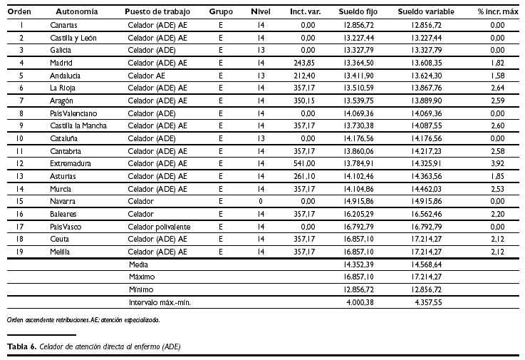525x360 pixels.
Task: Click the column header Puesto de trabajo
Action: pyautogui.click(x=157, y=12)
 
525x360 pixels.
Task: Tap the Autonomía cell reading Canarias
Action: pyautogui.click(x=64, y=25)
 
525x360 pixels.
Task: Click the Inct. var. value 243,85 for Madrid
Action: pyautogui.click(x=304, y=63)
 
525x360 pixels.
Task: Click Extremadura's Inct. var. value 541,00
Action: pyautogui.click(x=304, y=163)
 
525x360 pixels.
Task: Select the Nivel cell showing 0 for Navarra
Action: pyautogui.click(x=261, y=201)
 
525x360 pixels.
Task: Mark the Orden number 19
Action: pyautogui.click(x=21, y=252)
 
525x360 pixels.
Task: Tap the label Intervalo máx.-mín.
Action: pyautogui.click(x=160, y=302)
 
